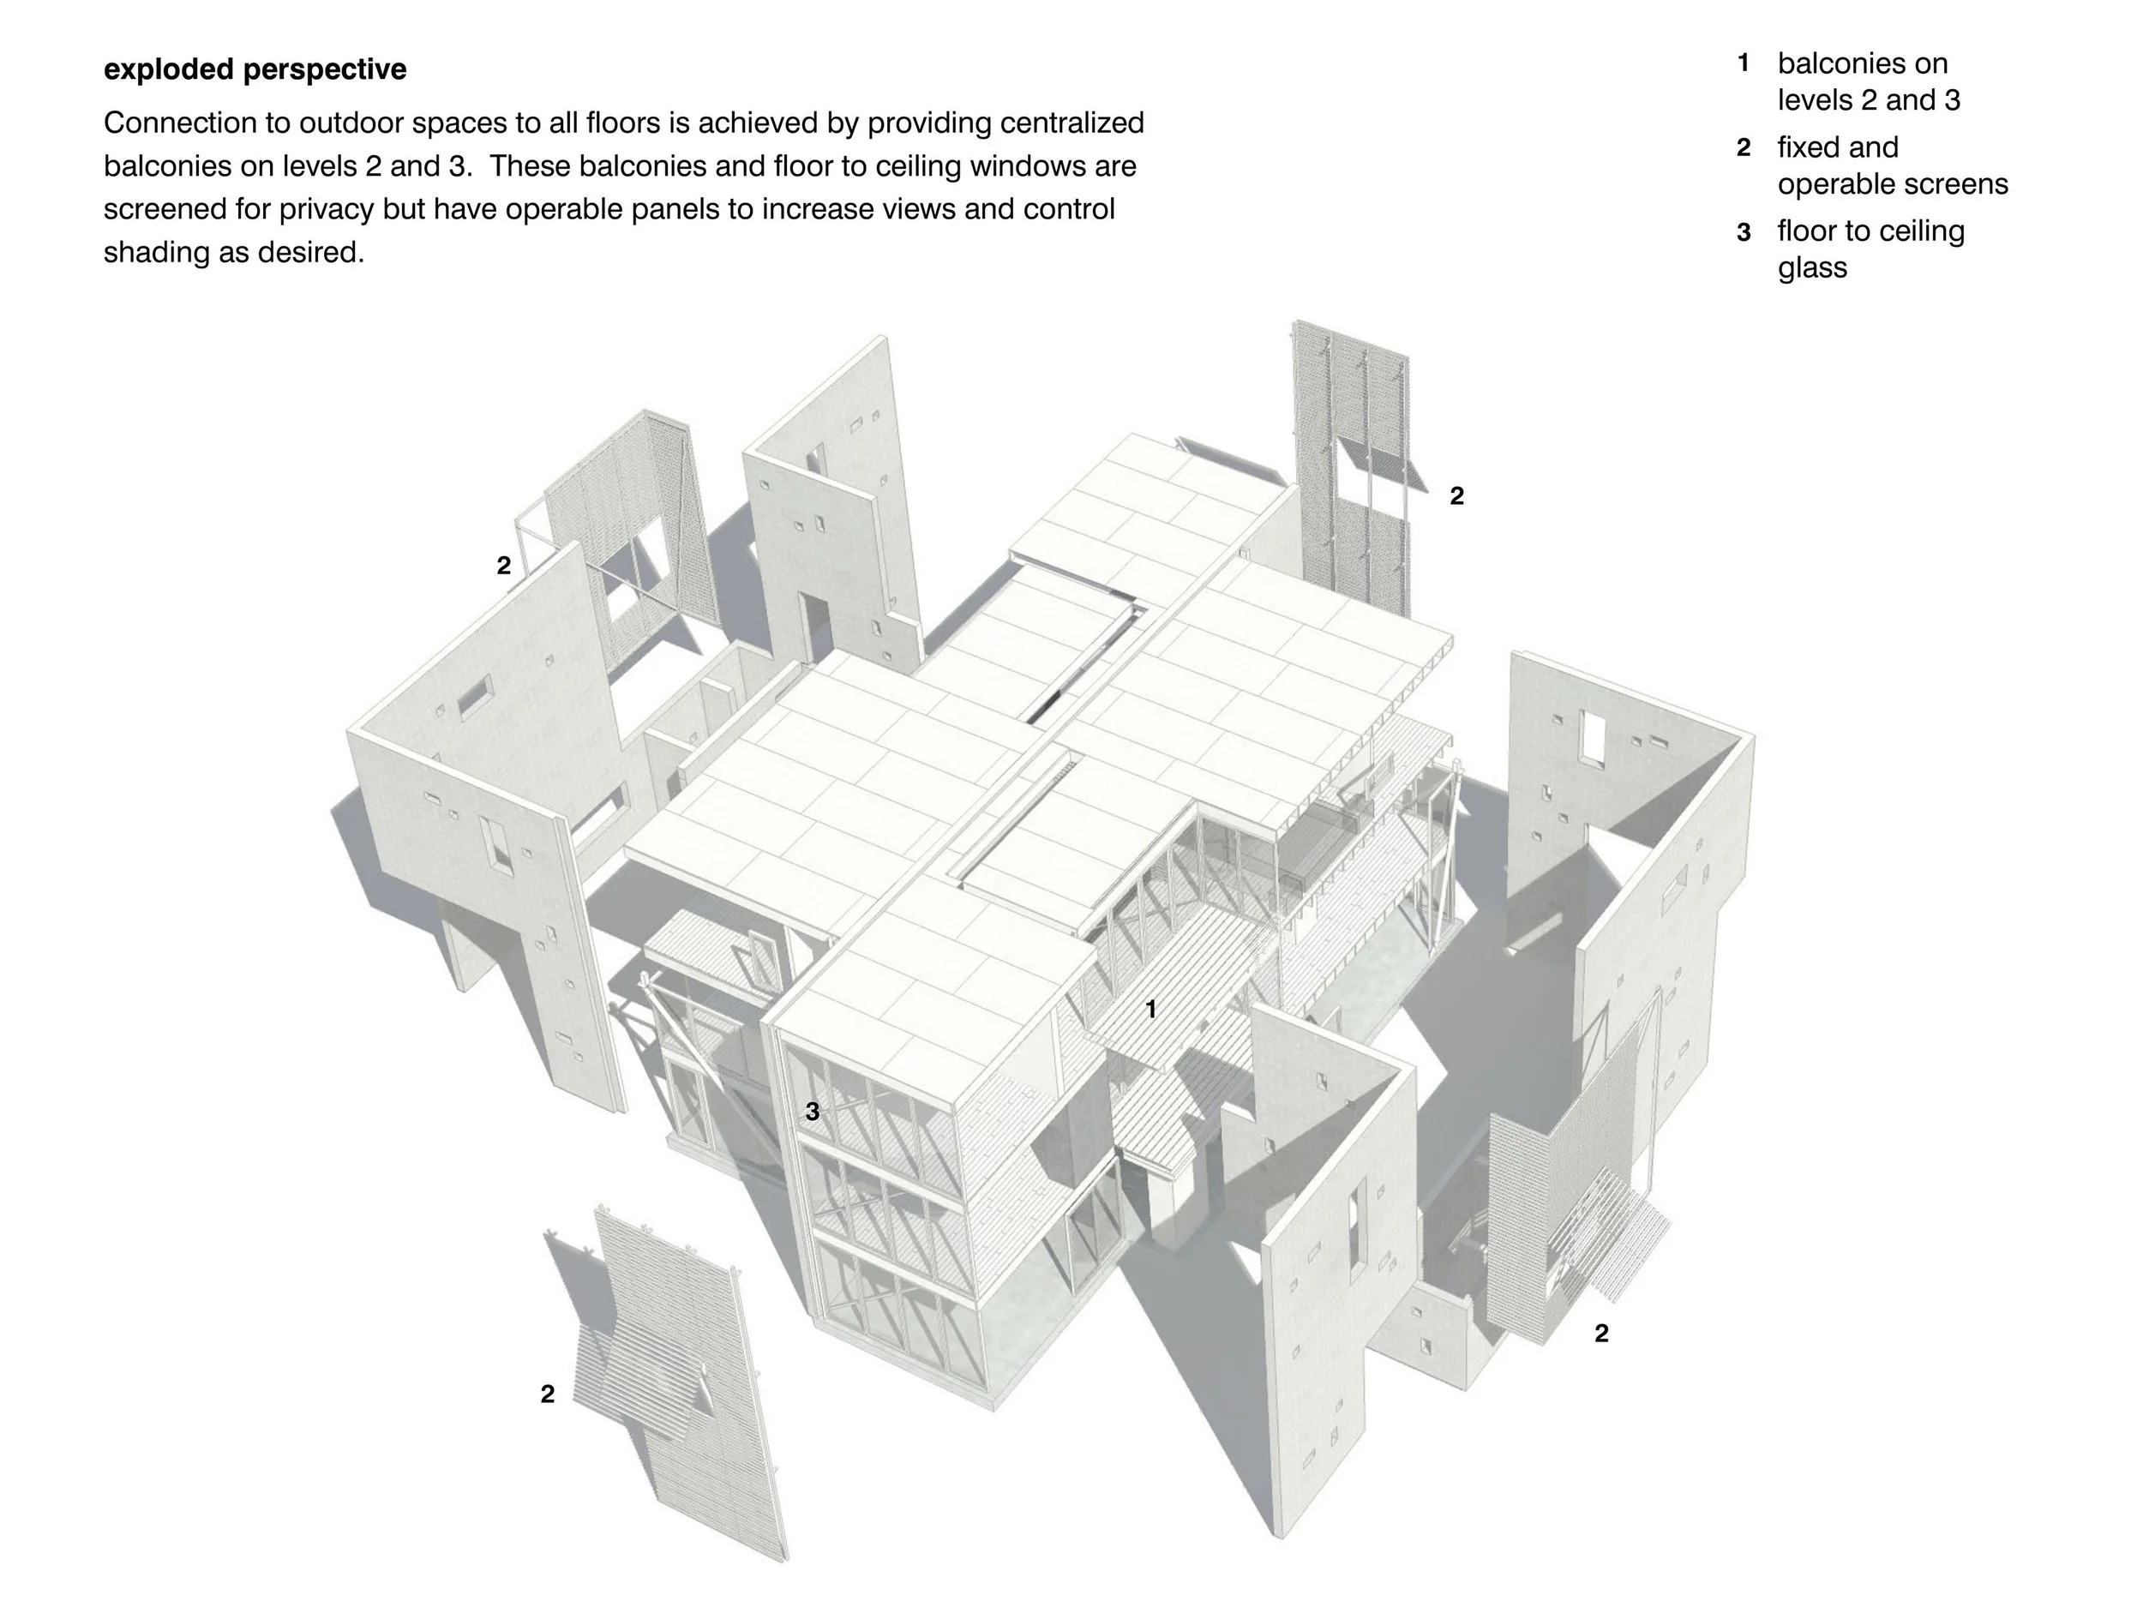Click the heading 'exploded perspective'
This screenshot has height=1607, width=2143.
[x=255, y=69]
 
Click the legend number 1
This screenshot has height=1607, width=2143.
[x=1743, y=64]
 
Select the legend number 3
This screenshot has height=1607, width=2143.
[x=1743, y=232]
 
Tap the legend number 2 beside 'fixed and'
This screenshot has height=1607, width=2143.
[x=1743, y=148]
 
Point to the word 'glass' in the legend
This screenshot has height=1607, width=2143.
[x=1811, y=267]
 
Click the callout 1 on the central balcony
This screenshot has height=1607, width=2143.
[x=1150, y=1010]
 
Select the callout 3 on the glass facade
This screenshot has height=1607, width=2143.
[x=812, y=1112]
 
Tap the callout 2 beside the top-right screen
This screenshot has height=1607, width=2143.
[x=1456, y=496]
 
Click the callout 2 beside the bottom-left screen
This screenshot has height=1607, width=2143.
[x=548, y=1394]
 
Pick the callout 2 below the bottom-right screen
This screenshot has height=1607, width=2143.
[x=1600, y=1334]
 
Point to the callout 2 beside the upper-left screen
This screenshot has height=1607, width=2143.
[x=503, y=566]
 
